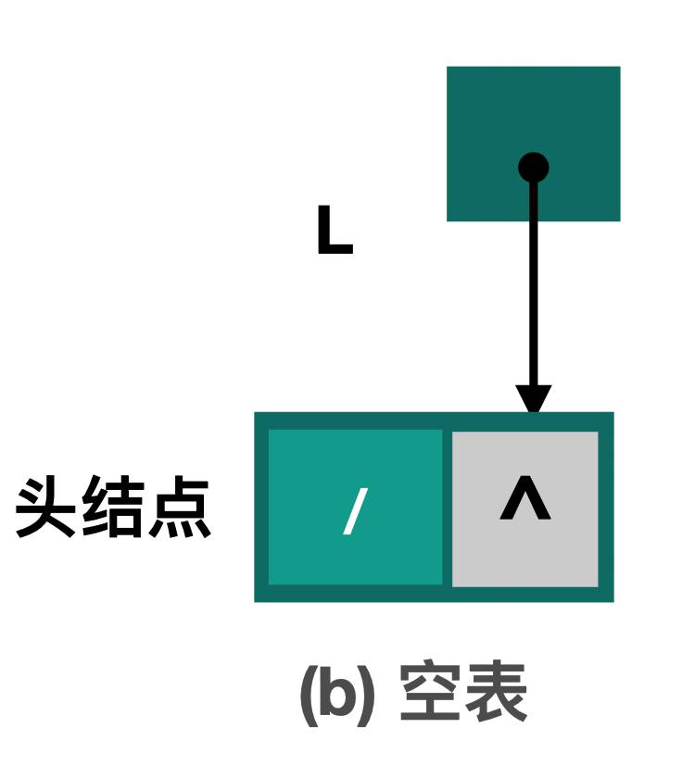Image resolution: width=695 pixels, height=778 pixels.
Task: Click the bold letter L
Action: [x=334, y=232]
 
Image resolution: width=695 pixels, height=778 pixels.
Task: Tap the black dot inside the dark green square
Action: [x=534, y=168]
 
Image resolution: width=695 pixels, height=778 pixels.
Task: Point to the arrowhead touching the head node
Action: [x=534, y=400]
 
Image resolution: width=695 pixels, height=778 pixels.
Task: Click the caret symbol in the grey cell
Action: [x=525, y=500]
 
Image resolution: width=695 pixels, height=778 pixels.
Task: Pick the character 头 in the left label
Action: [x=47, y=508]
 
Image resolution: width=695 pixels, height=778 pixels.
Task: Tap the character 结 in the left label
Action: [x=113, y=508]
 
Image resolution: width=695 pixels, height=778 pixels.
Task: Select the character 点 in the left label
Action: [x=179, y=508]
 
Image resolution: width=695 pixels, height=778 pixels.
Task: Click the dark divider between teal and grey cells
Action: [x=447, y=508]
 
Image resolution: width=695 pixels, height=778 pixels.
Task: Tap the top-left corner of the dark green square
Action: [x=449, y=68]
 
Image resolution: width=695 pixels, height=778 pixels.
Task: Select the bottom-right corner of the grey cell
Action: [x=597, y=584]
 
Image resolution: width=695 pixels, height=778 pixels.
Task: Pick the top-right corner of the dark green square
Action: [x=618, y=68]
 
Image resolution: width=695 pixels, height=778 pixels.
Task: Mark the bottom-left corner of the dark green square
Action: [x=449, y=220]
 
